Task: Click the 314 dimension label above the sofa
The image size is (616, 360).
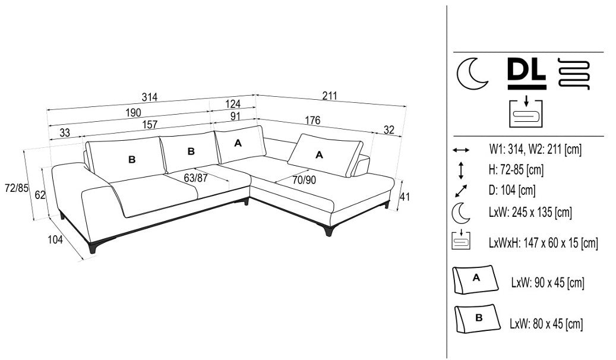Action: coord(150,97)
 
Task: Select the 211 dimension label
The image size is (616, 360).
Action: coord(330,95)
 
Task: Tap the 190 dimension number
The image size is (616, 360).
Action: coord(133,112)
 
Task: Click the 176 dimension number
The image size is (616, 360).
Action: coord(312,121)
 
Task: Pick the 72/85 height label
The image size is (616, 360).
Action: coord(16,188)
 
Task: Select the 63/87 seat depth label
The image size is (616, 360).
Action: coord(195,177)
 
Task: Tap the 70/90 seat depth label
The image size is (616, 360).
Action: coord(304,179)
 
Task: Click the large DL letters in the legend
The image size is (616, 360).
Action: coord(526,71)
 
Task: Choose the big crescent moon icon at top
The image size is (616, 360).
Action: coord(472,74)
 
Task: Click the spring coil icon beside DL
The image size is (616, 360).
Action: coord(574,74)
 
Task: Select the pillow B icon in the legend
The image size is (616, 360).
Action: coord(476,319)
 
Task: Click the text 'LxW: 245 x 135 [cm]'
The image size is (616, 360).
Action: coord(530,212)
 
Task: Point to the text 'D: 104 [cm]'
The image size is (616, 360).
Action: coord(512,190)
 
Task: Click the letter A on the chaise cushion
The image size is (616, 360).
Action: coord(319,154)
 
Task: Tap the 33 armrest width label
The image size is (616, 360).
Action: coord(65,132)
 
